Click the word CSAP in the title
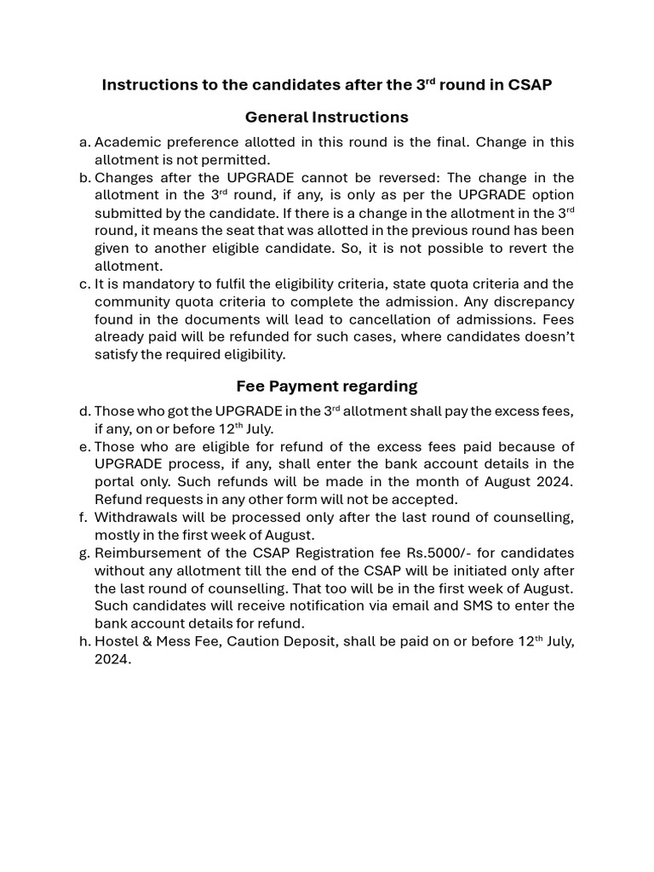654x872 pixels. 530,85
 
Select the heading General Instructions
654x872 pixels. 326,117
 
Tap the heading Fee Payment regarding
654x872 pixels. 326,386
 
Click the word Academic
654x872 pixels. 129,142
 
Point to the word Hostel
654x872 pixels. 117,641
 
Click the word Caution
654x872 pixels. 248,641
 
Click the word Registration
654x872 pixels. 324,553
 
